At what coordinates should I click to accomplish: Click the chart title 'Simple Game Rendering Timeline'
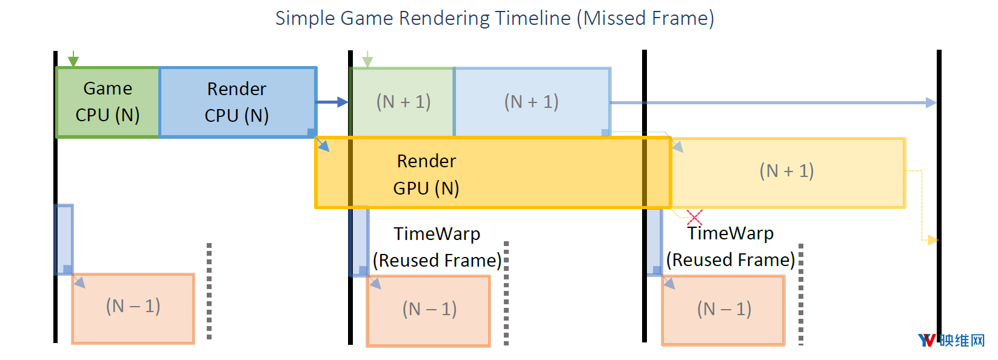[423, 18]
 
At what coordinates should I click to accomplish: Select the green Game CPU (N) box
[107, 102]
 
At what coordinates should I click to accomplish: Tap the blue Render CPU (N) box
[238, 102]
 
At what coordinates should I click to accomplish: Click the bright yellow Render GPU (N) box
[493, 173]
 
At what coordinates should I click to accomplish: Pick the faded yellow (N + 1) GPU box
[788, 173]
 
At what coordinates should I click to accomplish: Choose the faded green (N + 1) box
[403, 102]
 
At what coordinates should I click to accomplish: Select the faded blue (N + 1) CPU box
[532, 102]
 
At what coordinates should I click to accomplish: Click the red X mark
[694, 218]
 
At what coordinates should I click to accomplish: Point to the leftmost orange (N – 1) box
[133, 308]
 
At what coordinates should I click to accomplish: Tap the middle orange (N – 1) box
[429, 310]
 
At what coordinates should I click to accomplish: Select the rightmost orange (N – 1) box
[723, 310]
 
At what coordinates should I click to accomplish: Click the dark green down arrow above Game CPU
[73, 59]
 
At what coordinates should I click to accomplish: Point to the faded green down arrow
[367, 59]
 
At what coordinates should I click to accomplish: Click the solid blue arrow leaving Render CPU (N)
[332, 102]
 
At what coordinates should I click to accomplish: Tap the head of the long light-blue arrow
[931, 102]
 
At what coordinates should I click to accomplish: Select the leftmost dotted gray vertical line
[209, 291]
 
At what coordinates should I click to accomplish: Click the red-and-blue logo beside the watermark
[927, 341]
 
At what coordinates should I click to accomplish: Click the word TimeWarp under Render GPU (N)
[437, 234]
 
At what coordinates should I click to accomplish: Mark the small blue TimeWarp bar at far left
[64, 240]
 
